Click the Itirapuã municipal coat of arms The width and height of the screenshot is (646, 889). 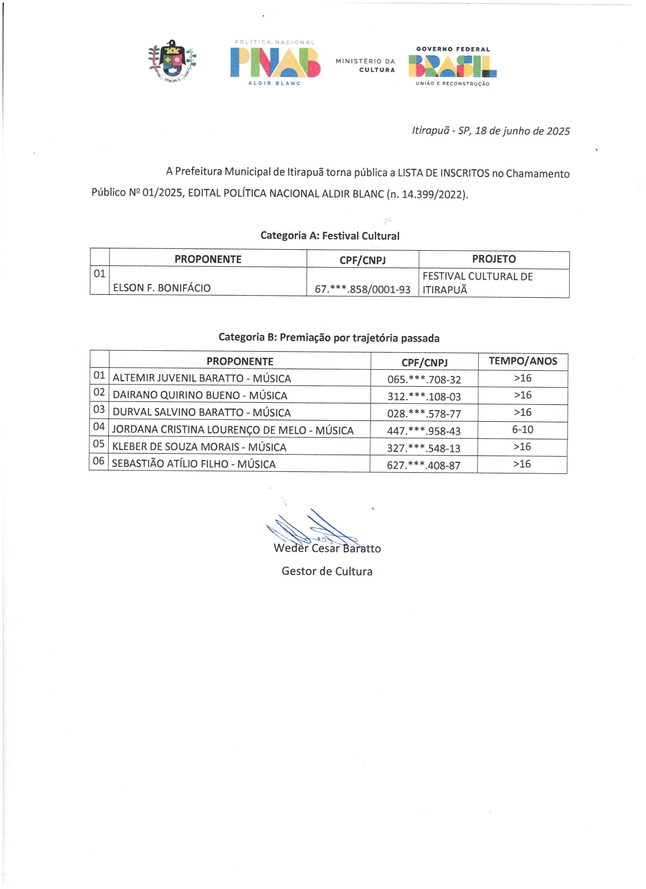[x=172, y=61]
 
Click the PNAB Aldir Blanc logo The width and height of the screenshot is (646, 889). [x=275, y=63]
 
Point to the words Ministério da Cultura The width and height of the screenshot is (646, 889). [x=366, y=65]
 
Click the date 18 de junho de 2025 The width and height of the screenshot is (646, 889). [x=522, y=131]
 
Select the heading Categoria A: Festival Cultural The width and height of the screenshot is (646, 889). [x=330, y=236]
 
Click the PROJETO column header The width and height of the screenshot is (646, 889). [x=494, y=259]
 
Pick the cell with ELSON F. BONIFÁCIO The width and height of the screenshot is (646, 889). [x=162, y=288]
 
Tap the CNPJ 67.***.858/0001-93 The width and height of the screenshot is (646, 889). [x=363, y=290]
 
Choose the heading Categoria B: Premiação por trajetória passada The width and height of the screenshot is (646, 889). [x=329, y=338]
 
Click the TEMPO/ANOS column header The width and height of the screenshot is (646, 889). [x=522, y=361]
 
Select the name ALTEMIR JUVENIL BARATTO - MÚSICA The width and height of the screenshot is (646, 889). [x=202, y=378]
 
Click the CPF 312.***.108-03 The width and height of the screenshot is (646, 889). [x=424, y=397]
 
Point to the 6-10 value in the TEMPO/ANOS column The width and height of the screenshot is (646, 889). [x=522, y=430]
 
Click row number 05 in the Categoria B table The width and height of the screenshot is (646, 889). [x=99, y=444]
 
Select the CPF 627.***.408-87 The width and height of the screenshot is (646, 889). [x=423, y=466]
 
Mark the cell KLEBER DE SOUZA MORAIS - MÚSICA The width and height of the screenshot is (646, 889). [x=199, y=447]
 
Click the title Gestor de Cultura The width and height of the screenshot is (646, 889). [x=327, y=571]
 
